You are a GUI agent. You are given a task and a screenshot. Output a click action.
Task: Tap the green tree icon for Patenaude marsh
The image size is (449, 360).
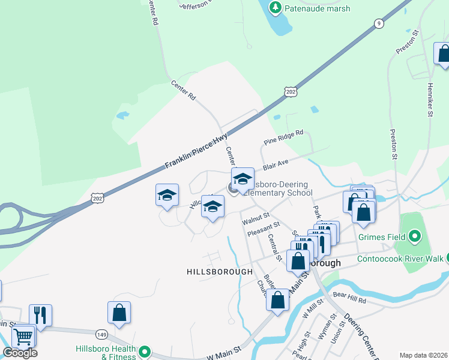(x=275, y=8)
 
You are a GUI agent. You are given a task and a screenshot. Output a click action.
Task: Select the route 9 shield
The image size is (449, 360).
(x=378, y=23)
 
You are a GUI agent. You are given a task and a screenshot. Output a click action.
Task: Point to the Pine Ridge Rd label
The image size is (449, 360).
(x=283, y=137)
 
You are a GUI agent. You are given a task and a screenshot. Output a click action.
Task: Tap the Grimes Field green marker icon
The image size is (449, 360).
(x=414, y=237)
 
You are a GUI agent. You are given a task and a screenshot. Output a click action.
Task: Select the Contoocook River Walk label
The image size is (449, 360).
(x=400, y=259)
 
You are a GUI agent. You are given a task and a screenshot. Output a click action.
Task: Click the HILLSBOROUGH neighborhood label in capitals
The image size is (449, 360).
(x=220, y=272)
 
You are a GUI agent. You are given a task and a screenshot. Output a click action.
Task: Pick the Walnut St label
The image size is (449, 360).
(x=256, y=217)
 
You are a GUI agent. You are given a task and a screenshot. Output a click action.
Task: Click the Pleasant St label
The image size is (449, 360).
(x=264, y=228)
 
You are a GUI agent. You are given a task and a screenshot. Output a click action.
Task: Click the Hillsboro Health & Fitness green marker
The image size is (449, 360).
(x=144, y=351)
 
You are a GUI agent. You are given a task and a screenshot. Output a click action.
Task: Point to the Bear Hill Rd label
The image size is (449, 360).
(x=349, y=295)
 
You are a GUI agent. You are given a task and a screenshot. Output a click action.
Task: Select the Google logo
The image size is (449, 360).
(x=19, y=353)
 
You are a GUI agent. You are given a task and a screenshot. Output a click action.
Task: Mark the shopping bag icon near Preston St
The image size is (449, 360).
(x=443, y=53)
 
